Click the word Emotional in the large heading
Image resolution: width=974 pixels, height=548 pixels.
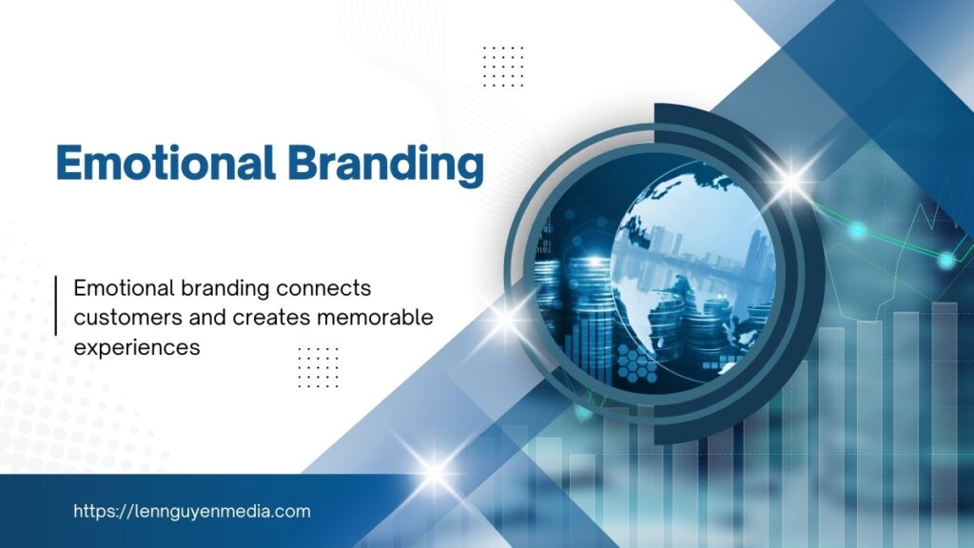(x=166, y=163)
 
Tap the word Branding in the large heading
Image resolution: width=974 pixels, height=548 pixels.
(x=386, y=166)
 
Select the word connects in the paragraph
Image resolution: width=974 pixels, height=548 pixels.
(x=323, y=288)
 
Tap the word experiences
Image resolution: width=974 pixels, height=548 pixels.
(x=137, y=348)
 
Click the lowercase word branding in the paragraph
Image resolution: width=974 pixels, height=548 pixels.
(x=225, y=289)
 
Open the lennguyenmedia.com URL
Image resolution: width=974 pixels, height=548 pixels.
(x=192, y=511)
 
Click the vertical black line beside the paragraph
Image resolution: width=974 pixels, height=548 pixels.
(x=56, y=305)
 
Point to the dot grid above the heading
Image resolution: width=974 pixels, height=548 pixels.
(x=503, y=67)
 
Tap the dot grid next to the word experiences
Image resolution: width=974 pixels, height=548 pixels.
(x=318, y=367)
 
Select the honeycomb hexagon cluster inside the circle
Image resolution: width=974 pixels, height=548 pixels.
(x=636, y=362)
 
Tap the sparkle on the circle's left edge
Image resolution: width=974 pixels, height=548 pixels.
(x=506, y=320)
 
